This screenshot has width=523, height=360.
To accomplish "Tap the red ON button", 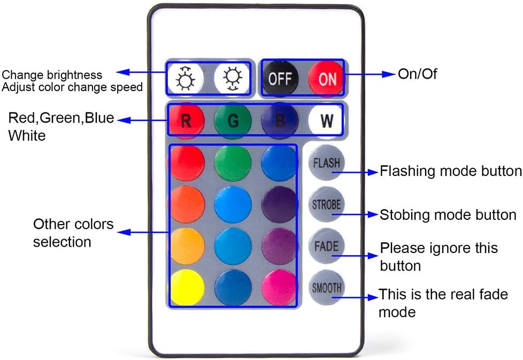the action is click(326, 79).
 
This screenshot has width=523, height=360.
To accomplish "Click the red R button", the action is click(186, 120).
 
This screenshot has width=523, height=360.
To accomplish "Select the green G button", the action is click(233, 120).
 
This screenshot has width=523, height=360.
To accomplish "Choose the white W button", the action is click(326, 120).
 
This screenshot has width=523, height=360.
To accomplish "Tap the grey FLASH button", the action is click(326, 163).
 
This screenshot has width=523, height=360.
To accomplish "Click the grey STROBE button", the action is click(326, 204).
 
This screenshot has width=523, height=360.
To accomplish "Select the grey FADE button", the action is click(326, 246).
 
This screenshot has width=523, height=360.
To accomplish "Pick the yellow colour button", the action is click(186, 287).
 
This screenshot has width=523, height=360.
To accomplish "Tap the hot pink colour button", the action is click(279, 287).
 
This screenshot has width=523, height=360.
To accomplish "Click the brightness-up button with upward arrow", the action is click(186, 79).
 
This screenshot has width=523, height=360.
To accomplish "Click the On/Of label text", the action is click(417, 74).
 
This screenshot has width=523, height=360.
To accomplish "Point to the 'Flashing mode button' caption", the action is click(451, 171).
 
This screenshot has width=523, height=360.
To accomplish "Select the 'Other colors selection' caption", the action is click(73, 233).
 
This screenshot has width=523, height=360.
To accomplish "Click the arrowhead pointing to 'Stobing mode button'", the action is click(373, 215).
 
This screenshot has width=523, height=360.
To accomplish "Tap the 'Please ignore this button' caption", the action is click(439, 257).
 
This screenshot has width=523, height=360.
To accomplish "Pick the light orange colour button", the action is click(186, 246).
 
